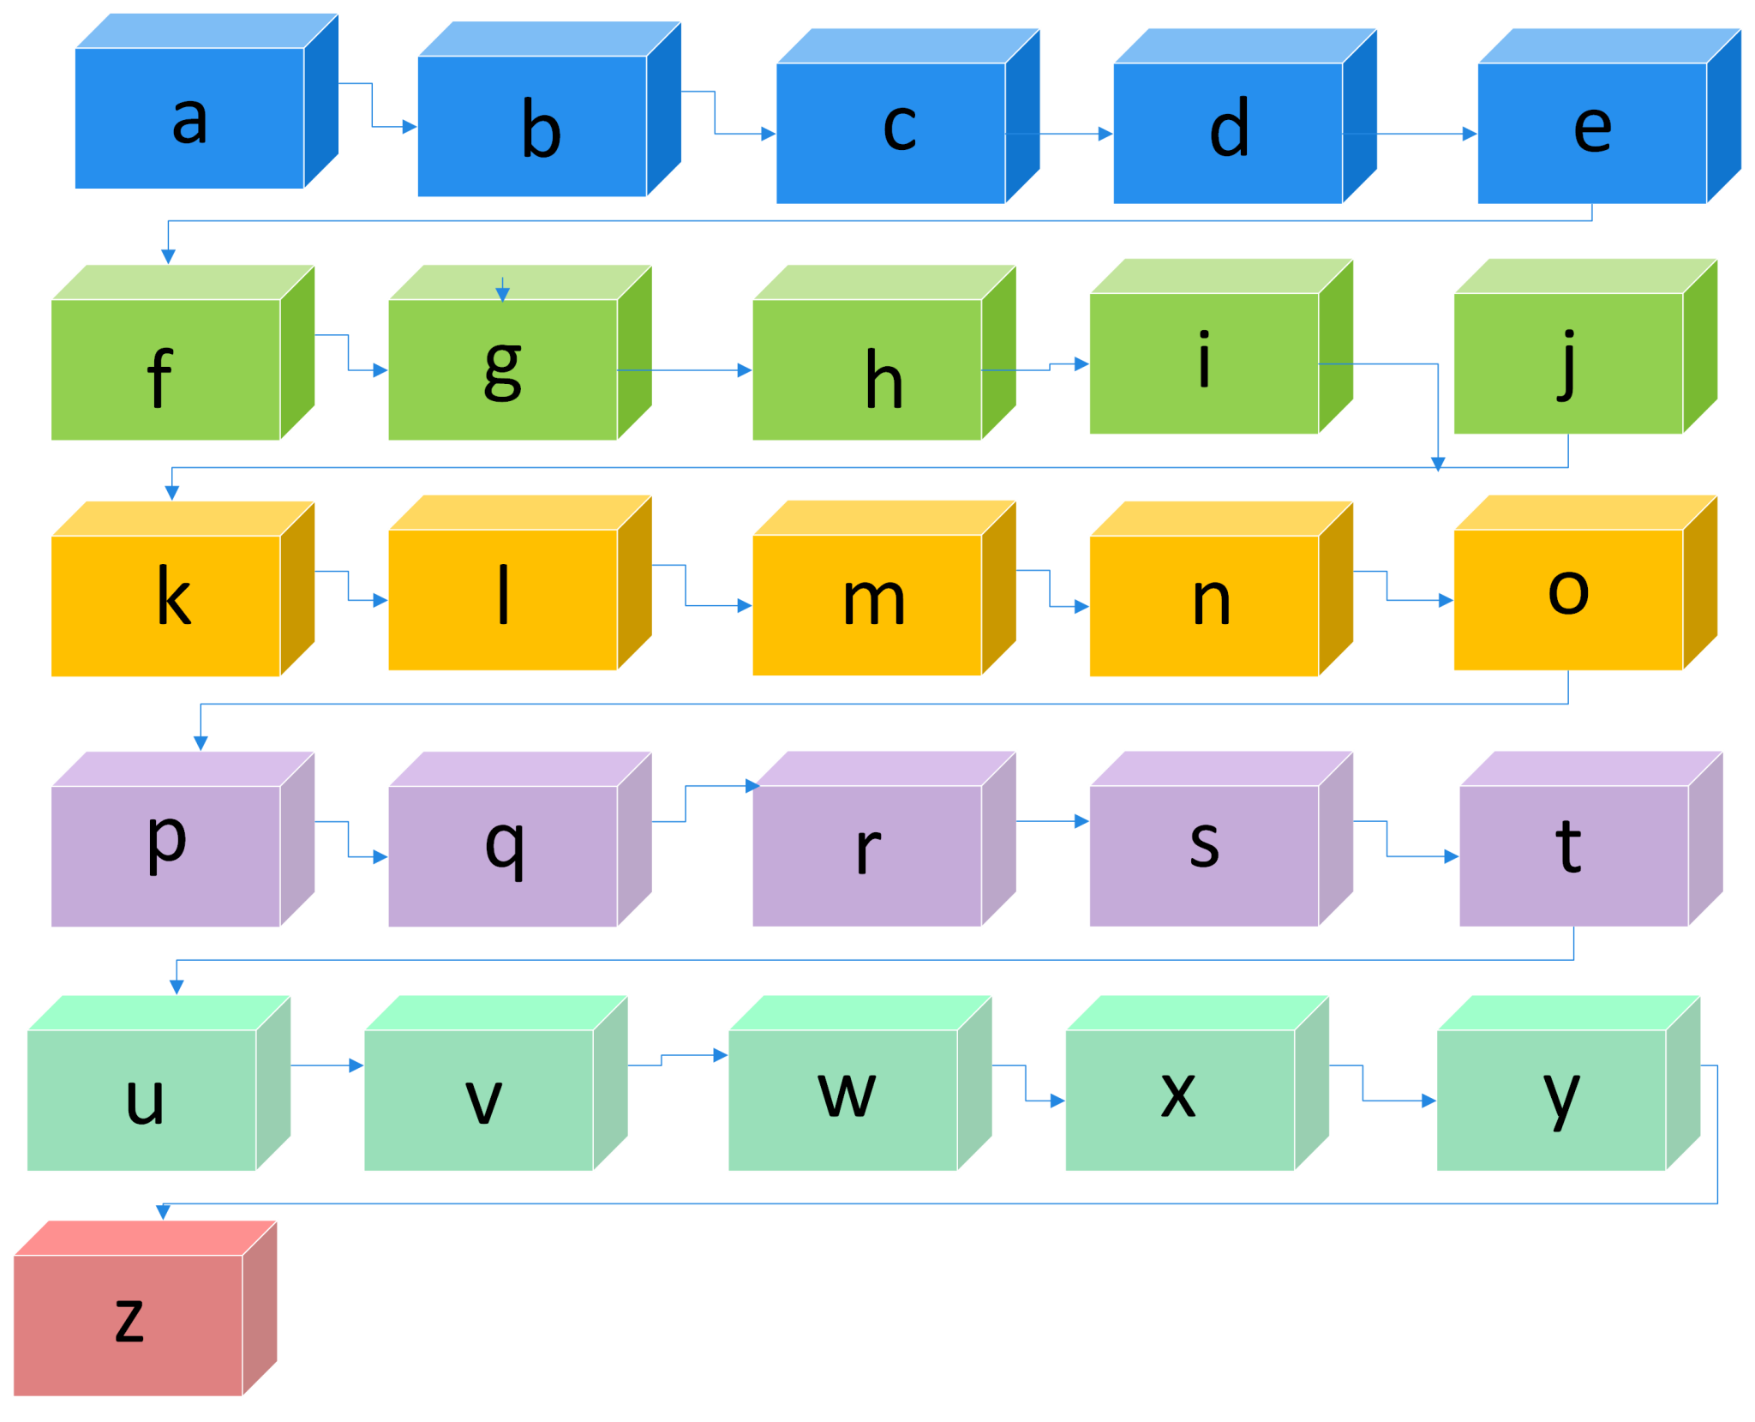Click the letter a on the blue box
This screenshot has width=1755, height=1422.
[x=189, y=120]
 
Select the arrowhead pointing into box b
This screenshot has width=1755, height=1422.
[x=410, y=127]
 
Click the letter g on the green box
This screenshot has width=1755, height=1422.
[x=503, y=369]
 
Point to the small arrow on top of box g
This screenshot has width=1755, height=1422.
[x=503, y=293]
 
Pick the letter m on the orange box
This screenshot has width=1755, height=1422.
[x=873, y=601]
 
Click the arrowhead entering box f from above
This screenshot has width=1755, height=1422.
[x=169, y=255]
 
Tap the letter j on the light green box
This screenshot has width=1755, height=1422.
[x=1567, y=363]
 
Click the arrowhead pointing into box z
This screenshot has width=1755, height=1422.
[x=163, y=1211]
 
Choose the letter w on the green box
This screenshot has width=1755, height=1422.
[x=847, y=1095]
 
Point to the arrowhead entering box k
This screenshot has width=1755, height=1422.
[x=172, y=492]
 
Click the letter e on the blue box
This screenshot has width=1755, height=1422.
[x=1592, y=129]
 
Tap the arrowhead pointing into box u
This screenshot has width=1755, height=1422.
[x=177, y=987]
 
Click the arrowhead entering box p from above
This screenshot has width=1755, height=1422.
[x=201, y=742]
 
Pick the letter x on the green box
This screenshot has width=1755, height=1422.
[x=1178, y=1095]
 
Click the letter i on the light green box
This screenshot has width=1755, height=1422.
[x=1204, y=359]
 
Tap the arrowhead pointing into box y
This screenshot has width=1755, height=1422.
[x=1429, y=1101]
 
